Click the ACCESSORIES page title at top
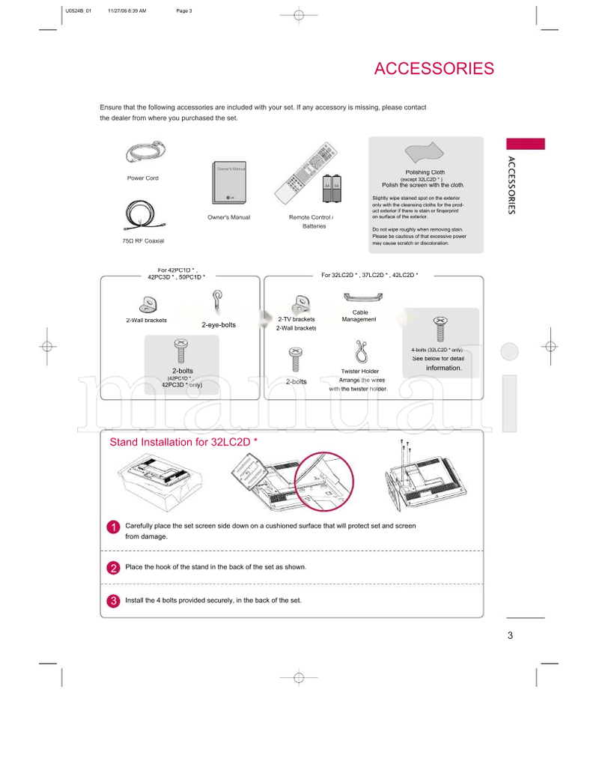(434, 69)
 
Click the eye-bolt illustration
(217, 303)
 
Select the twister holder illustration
(359, 351)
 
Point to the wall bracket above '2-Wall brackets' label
(146, 304)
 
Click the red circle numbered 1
(112, 527)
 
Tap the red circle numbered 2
(112, 568)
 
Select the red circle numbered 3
(112, 601)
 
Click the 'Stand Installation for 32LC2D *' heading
(183, 442)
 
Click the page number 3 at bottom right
(510, 636)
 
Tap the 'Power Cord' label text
(142, 178)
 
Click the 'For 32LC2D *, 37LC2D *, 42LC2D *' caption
(369, 275)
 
